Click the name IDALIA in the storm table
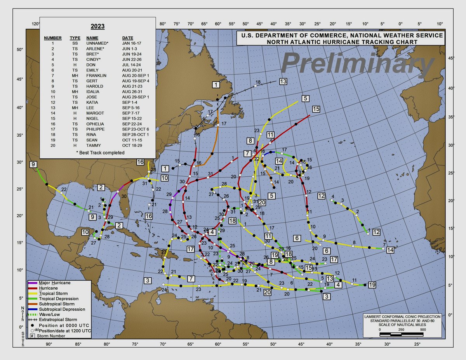click(94, 92)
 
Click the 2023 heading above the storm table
click(98, 27)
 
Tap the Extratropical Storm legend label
click(58, 320)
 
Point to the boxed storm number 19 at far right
click(372, 285)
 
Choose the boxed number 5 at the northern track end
click(306, 98)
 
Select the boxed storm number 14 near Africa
click(390, 250)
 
